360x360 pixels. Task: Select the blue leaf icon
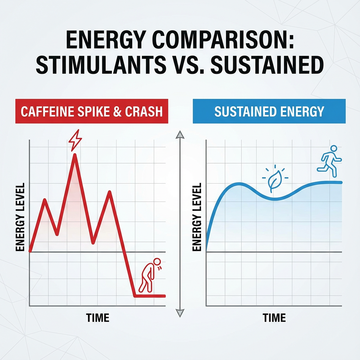pos(273,180)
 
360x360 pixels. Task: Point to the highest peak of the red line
pos(75,155)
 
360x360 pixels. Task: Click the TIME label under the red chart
pos(97,318)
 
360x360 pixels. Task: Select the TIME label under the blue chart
pos(274,318)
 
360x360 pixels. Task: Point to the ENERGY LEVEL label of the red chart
pos(20,217)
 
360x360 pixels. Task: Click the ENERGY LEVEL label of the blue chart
pos(197,217)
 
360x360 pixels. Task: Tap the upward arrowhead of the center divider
pos(180,134)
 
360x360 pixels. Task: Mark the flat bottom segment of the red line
pos(149,296)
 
